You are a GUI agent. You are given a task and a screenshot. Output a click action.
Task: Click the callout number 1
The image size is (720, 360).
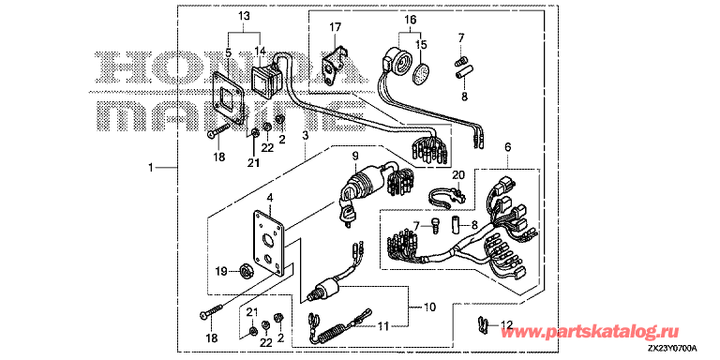click(151, 168)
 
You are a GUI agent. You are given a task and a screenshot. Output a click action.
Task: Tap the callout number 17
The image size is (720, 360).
click(336, 27)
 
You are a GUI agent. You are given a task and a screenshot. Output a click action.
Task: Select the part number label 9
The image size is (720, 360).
click(355, 156)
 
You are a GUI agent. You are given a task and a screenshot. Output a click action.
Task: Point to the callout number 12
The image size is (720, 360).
click(505, 324)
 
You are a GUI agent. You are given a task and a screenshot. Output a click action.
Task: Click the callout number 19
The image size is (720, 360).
click(221, 272)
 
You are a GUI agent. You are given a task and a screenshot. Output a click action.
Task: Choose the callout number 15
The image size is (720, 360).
click(421, 45)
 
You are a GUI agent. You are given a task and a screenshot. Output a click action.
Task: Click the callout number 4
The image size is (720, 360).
click(270, 199)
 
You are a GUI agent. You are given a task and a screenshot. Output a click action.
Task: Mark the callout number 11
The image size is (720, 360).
click(382, 326)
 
